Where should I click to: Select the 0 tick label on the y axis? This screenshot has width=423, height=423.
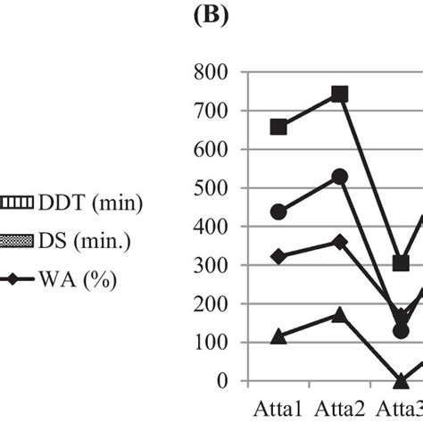[232, 381]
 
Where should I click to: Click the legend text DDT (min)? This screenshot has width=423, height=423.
[80, 203]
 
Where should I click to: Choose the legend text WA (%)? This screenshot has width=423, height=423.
[75, 281]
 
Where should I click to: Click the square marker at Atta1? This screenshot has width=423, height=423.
[278, 127]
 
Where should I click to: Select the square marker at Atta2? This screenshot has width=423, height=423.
[339, 95]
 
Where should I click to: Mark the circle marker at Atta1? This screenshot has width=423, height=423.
[278, 211]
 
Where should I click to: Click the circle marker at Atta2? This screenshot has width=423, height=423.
[339, 177]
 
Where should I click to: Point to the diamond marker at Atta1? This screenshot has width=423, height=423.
[278, 257]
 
